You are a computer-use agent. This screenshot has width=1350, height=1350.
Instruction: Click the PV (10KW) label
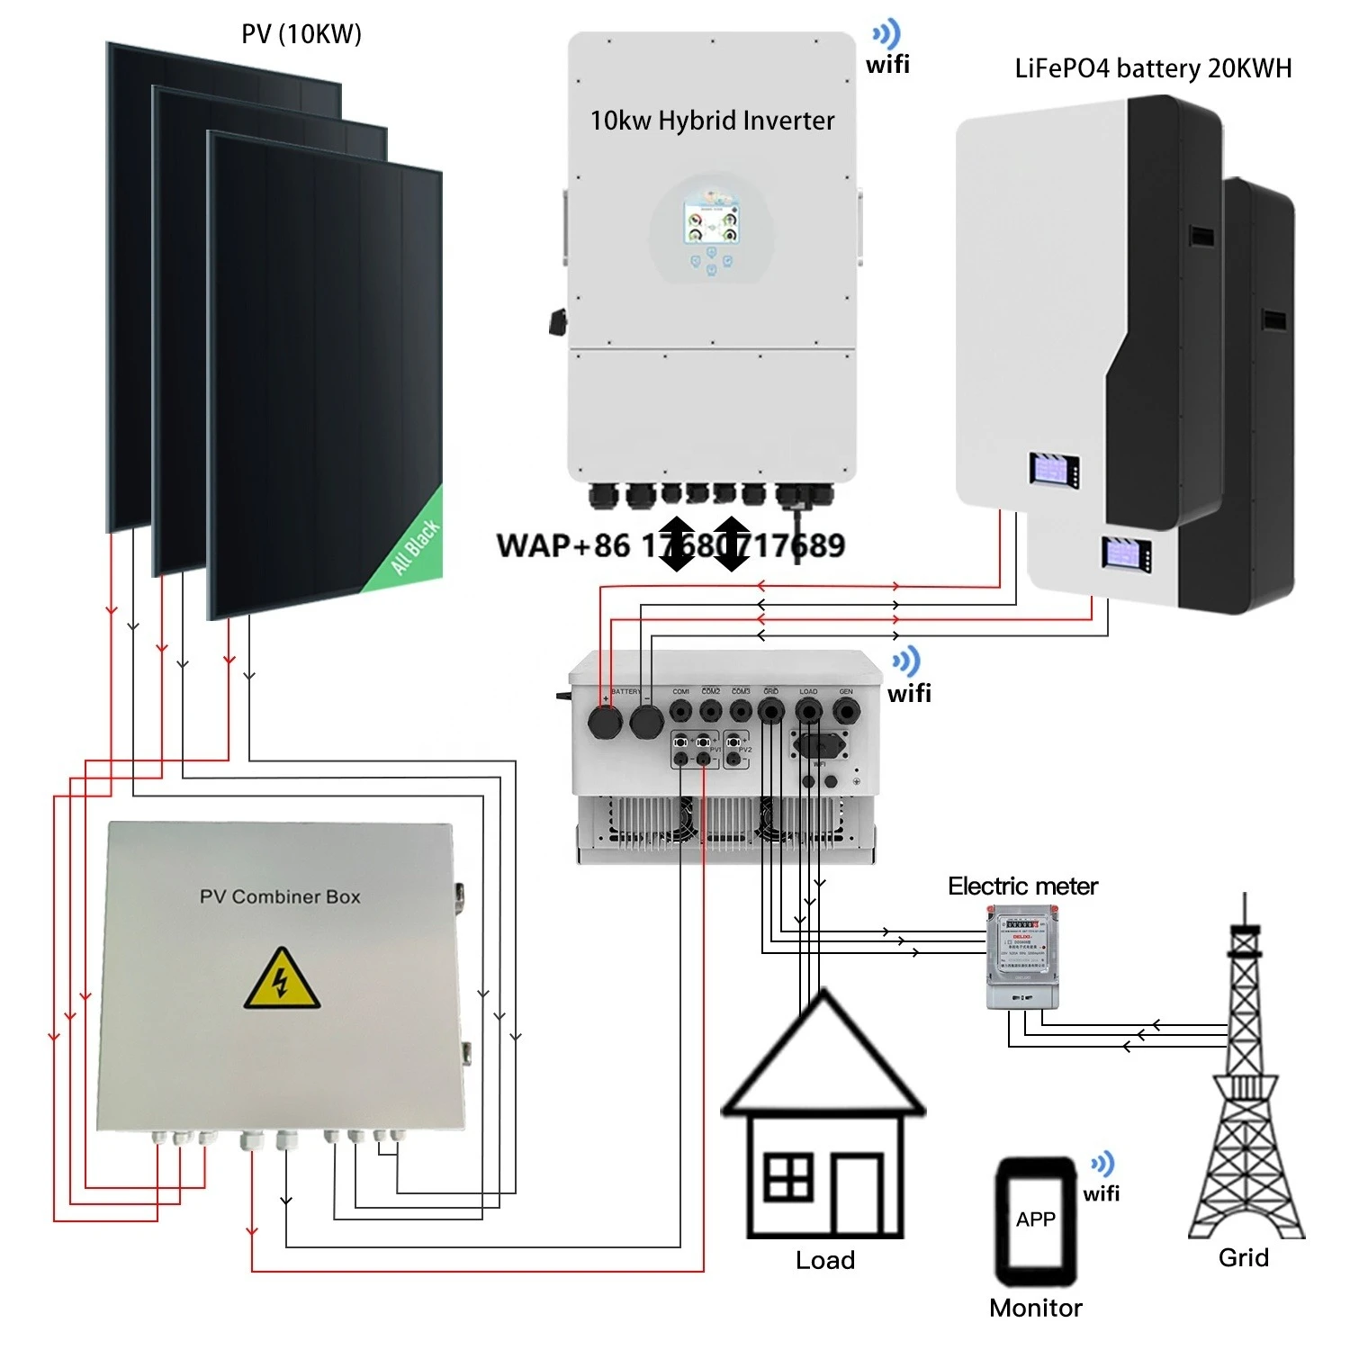pyautogui.click(x=301, y=34)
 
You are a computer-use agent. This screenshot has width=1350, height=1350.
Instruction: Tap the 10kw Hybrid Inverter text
pyautogui.click(x=712, y=121)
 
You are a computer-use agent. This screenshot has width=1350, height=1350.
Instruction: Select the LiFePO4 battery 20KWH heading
pyautogui.click(x=1153, y=68)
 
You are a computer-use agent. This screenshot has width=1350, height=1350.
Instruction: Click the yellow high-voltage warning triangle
pyautogui.click(x=281, y=979)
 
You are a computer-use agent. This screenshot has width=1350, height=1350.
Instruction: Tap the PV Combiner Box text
pyautogui.click(x=280, y=896)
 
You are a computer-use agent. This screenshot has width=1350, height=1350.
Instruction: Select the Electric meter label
pyautogui.click(x=1022, y=886)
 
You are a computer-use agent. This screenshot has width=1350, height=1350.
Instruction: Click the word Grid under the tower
pyautogui.click(x=1243, y=1257)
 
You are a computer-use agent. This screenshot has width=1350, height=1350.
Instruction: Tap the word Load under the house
pyautogui.click(x=824, y=1260)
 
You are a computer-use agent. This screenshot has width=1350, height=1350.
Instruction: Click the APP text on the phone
pyautogui.click(x=1035, y=1219)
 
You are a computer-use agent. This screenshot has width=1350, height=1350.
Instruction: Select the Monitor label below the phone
pyautogui.click(x=1035, y=1308)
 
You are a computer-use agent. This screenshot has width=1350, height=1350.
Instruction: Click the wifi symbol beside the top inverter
pyautogui.click(x=887, y=36)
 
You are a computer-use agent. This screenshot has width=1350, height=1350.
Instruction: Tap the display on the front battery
pyautogui.click(x=1054, y=470)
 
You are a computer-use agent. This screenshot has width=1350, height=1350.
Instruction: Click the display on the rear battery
pyautogui.click(x=1127, y=553)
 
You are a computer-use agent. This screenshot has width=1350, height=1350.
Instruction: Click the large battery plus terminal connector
pyautogui.click(x=605, y=722)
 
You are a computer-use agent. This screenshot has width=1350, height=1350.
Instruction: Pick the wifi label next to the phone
pyautogui.click(x=1102, y=1193)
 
